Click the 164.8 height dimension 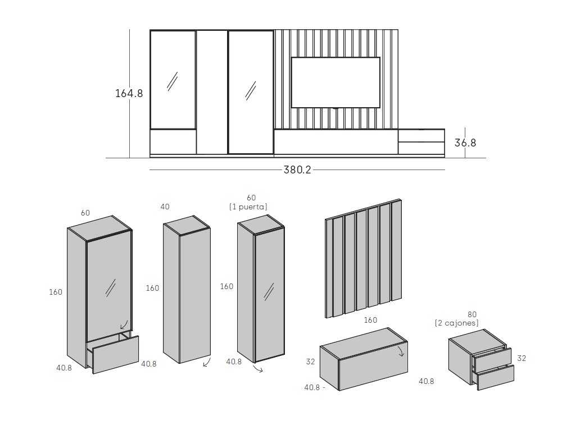[129, 93]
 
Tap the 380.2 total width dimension [297, 170]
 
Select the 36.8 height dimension [465, 143]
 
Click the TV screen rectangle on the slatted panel [336, 83]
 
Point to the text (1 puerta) [248, 207]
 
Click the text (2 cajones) [456, 323]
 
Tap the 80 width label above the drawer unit [472, 314]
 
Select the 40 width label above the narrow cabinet [165, 207]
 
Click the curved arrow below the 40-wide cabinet [207, 362]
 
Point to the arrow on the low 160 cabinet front [401, 350]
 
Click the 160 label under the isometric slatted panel [370, 320]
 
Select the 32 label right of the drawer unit [522, 358]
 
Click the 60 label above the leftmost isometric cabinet [85, 213]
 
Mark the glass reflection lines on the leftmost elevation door [173, 81]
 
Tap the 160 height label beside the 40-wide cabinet [152, 288]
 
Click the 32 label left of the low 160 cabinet [310, 361]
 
